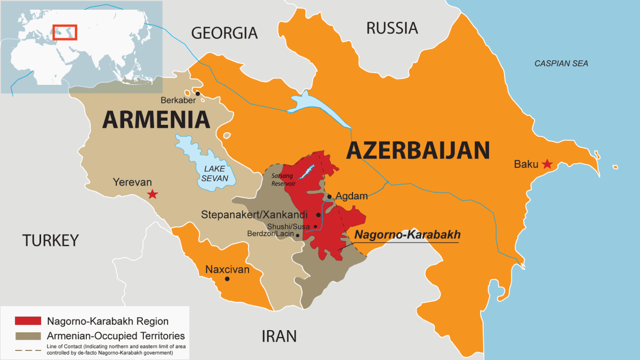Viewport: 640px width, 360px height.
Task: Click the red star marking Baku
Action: pyautogui.click(x=547, y=164)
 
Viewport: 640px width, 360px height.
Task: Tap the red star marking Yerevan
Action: pyautogui.click(x=153, y=194)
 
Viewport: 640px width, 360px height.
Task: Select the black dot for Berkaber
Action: pyautogui.click(x=197, y=94)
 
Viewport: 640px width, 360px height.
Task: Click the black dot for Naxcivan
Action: pyautogui.click(x=228, y=278)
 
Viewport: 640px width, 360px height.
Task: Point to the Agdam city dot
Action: pyautogui.click(x=330, y=196)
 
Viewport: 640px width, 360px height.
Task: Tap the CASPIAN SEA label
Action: pyautogui.click(x=561, y=63)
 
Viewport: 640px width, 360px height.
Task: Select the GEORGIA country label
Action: pyautogui.click(x=224, y=33)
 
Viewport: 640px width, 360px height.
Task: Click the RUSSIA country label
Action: pyautogui.click(x=391, y=28)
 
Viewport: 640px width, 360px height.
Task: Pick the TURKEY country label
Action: pyautogui.click(x=50, y=241)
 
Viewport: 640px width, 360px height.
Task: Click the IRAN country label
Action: pyautogui.click(x=278, y=336)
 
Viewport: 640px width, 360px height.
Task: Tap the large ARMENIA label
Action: pyautogui.click(x=156, y=119)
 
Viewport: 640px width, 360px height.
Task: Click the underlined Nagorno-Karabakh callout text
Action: pyautogui.click(x=407, y=235)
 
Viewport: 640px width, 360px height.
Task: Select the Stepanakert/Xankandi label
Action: pyautogui.click(x=254, y=215)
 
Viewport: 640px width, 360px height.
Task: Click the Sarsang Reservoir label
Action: pyautogui.click(x=283, y=179)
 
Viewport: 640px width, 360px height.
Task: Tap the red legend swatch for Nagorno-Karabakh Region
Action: pyautogui.click(x=28, y=321)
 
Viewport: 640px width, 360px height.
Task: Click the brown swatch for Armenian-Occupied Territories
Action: pyautogui.click(x=28, y=336)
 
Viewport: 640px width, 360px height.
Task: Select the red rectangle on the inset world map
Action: pyautogui.click(x=65, y=31)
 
